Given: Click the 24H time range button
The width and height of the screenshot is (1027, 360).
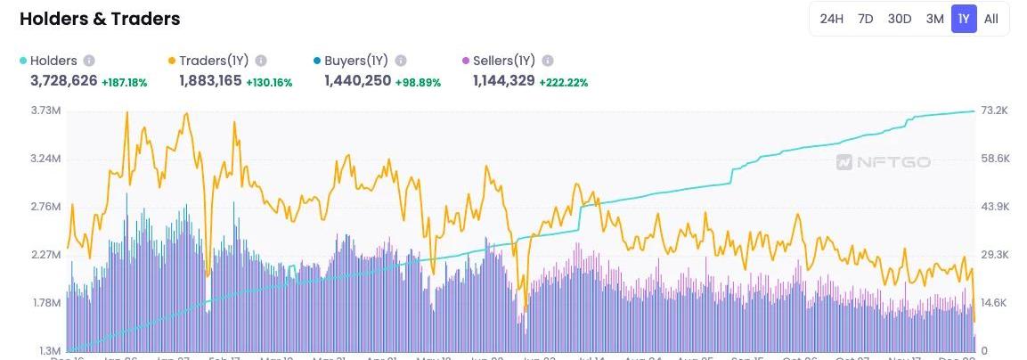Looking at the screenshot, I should [831, 19].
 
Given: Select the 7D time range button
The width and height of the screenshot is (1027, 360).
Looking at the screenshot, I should [865, 19].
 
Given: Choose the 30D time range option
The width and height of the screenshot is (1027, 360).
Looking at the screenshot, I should [900, 19].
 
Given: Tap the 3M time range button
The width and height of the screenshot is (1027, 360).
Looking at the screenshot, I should [934, 19].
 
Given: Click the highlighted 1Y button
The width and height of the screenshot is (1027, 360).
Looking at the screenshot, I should [964, 19].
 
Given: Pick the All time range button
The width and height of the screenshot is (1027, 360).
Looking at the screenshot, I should [991, 19].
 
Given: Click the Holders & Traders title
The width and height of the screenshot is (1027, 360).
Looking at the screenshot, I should [100, 19].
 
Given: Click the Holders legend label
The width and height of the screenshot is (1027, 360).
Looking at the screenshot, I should [53, 61].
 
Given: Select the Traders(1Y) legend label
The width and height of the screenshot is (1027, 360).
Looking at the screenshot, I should [213, 61].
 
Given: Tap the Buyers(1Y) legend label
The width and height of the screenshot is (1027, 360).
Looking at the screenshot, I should [355, 61].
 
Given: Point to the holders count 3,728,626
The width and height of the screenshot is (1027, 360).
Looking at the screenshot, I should [64, 81].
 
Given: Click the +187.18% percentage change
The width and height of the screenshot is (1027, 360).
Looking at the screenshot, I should [125, 82].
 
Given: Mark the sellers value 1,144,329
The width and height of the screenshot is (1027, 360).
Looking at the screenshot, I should [503, 81].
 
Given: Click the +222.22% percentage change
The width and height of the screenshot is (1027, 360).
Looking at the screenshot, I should [564, 82].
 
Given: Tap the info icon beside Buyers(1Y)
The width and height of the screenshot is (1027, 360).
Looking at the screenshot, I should [401, 61].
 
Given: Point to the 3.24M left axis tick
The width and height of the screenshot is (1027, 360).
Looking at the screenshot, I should [45, 159].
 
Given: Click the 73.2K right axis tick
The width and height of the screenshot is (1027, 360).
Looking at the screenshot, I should [994, 110].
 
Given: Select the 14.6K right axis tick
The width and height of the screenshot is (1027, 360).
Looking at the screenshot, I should [994, 303].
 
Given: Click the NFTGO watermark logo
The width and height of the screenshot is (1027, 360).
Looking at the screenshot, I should [884, 162].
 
